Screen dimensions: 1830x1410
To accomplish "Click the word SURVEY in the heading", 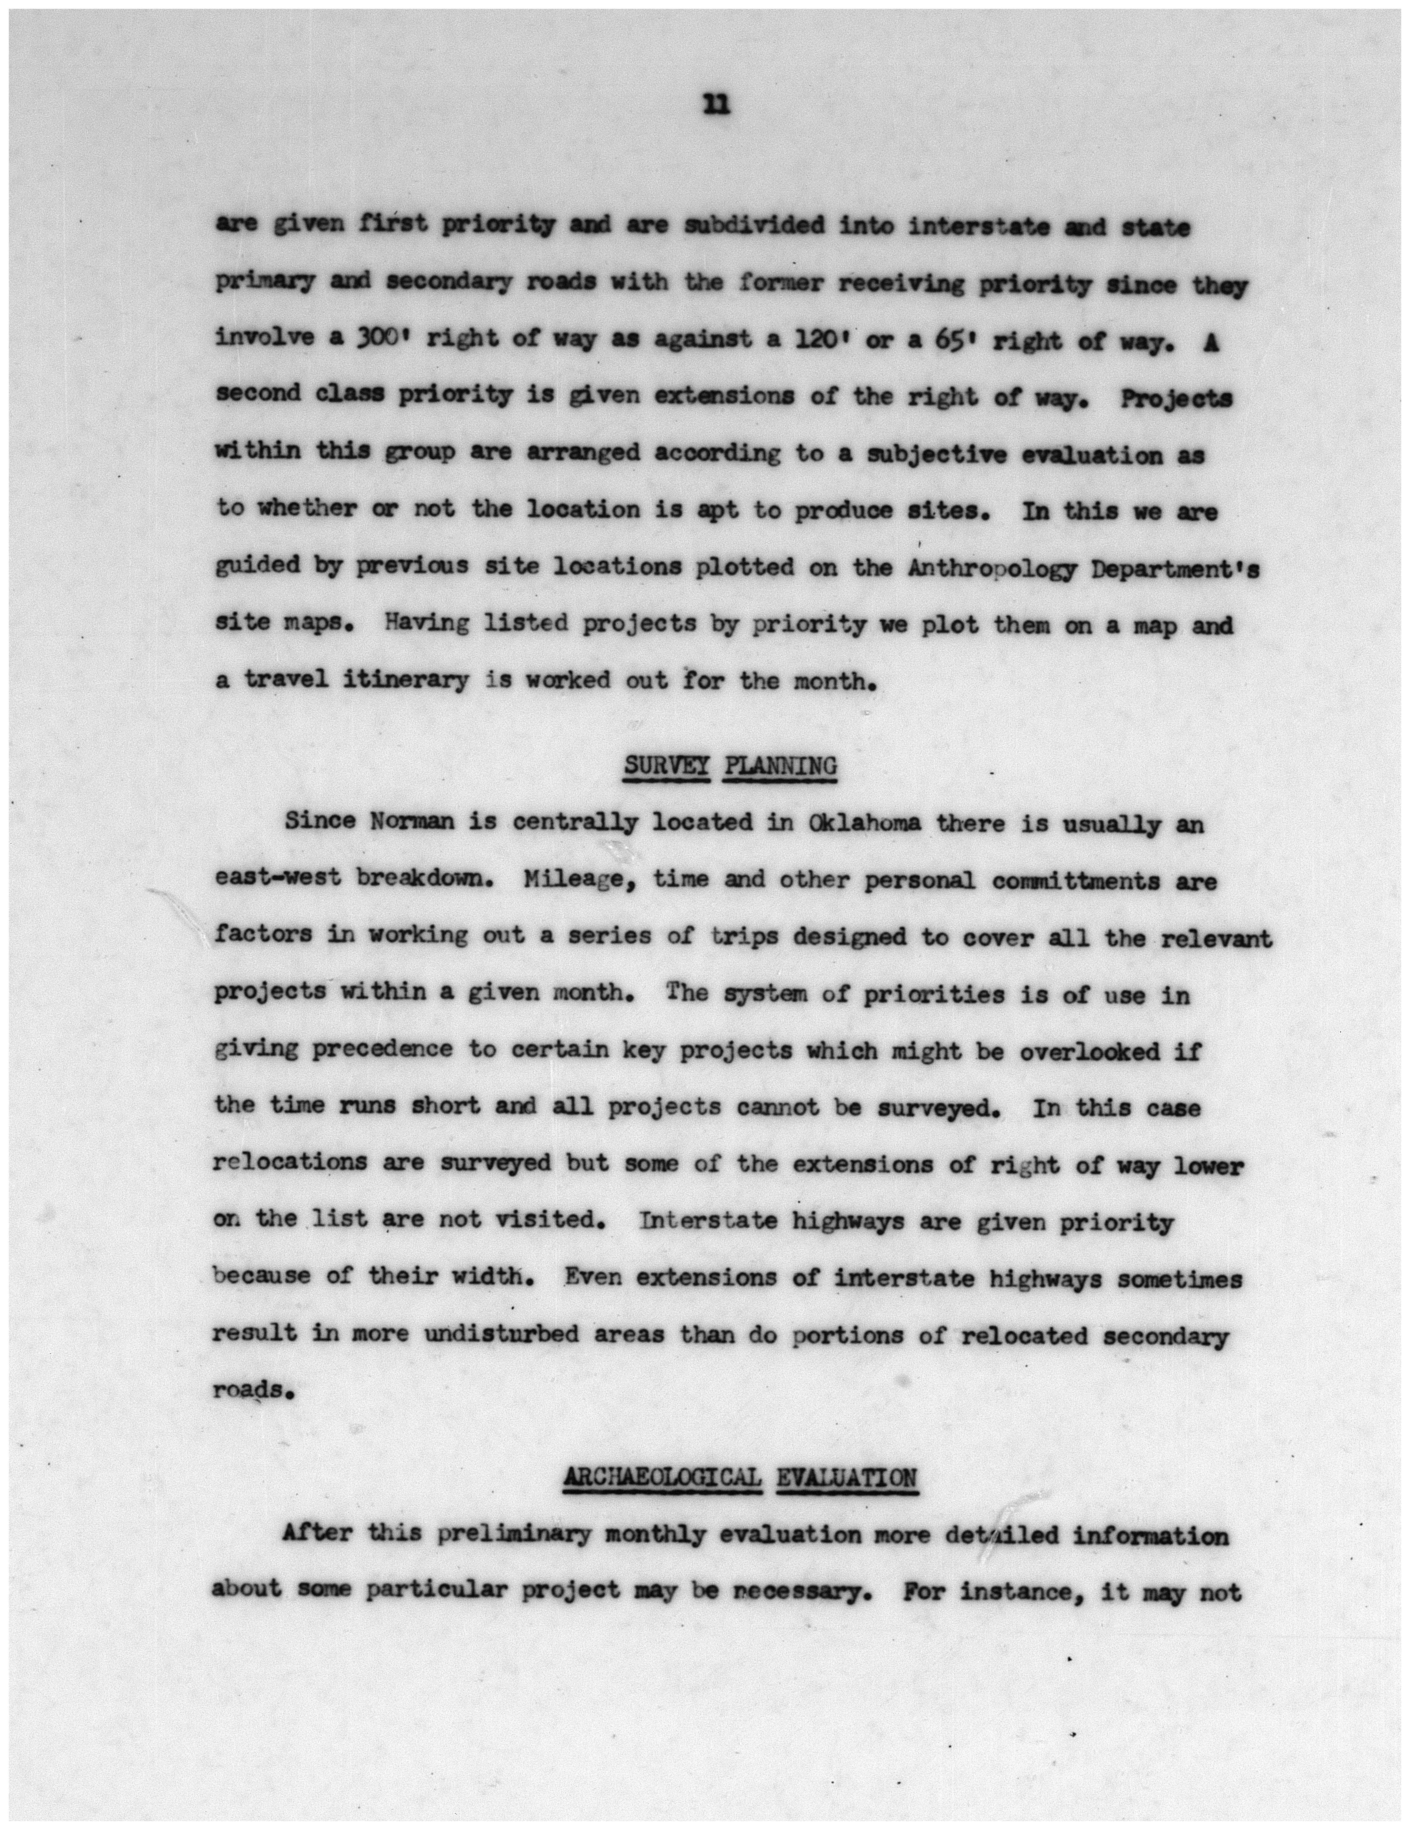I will tap(667, 766).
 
